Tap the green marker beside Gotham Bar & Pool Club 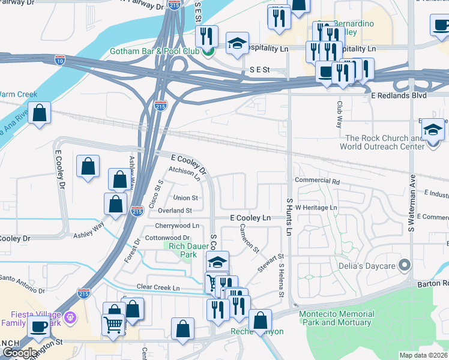click(208, 51)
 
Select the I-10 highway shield click(59, 59)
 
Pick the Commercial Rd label click(317, 181)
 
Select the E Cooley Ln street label click(250, 218)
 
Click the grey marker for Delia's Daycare click(405, 265)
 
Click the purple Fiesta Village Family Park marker click(71, 317)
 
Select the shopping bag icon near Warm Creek click(39, 113)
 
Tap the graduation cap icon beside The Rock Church click(433, 130)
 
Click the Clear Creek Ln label click(158, 288)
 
